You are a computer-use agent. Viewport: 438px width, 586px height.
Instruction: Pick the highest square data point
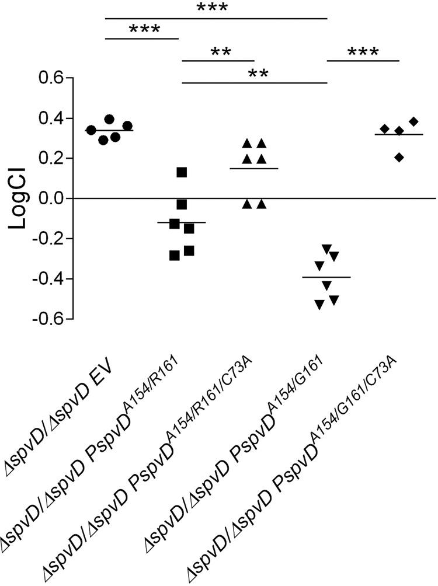pyautogui.click(x=182, y=172)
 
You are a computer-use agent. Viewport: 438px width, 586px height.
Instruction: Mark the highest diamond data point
pyautogui.click(x=414, y=121)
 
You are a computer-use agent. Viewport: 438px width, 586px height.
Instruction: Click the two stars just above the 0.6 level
pyautogui.click(x=262, y=74)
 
